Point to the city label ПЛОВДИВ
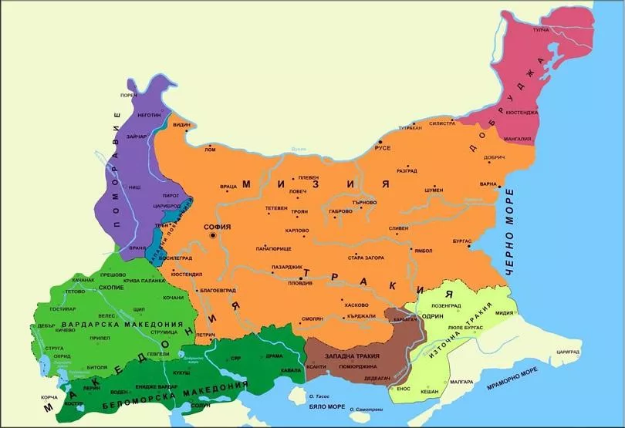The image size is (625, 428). [301, 285]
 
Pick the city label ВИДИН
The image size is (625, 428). [181, 124]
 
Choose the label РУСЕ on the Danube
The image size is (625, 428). [383, 147]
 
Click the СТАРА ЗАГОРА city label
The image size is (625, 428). [367, 257]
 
